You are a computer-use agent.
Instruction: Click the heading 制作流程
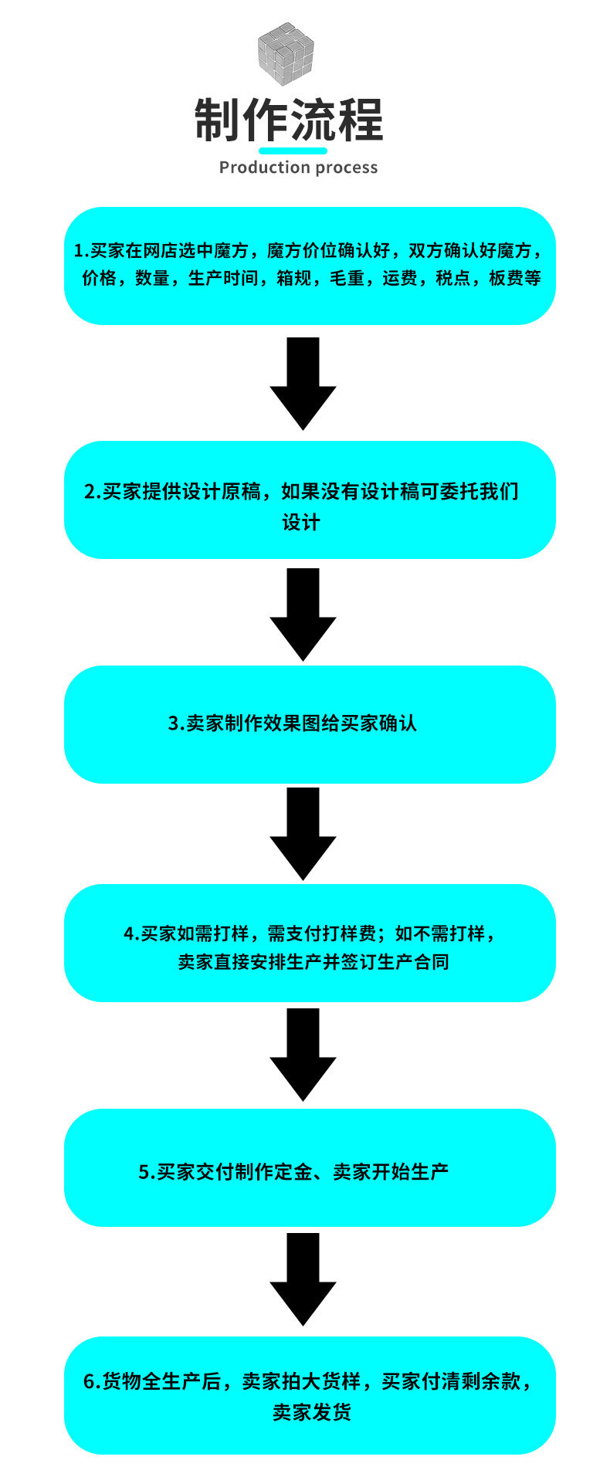[x=289, y=120]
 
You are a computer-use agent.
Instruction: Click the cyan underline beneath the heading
[x=293, y=151]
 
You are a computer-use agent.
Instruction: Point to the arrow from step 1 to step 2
[x=303, y=384]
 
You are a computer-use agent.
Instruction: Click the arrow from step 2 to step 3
[x=303, y=615]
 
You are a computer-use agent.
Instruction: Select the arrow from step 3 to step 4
[x=303, y=834]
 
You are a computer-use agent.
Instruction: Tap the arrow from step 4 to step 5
[x=303, y=1055]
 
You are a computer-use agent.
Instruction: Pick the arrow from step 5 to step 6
[x=303, y=1279]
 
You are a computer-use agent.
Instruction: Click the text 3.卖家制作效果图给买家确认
[x=293, y=723]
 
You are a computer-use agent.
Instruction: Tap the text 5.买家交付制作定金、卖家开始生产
[x=293, y=1171]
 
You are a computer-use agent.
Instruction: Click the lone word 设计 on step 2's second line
[x=300, y=522]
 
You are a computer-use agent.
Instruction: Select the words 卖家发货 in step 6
[x=312, y=1412]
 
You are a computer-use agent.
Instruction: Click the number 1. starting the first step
[x=81, y=250]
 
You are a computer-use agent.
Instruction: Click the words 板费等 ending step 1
[x=515, y=278]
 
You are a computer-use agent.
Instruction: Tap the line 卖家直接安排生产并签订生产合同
[x=313, y=962]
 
